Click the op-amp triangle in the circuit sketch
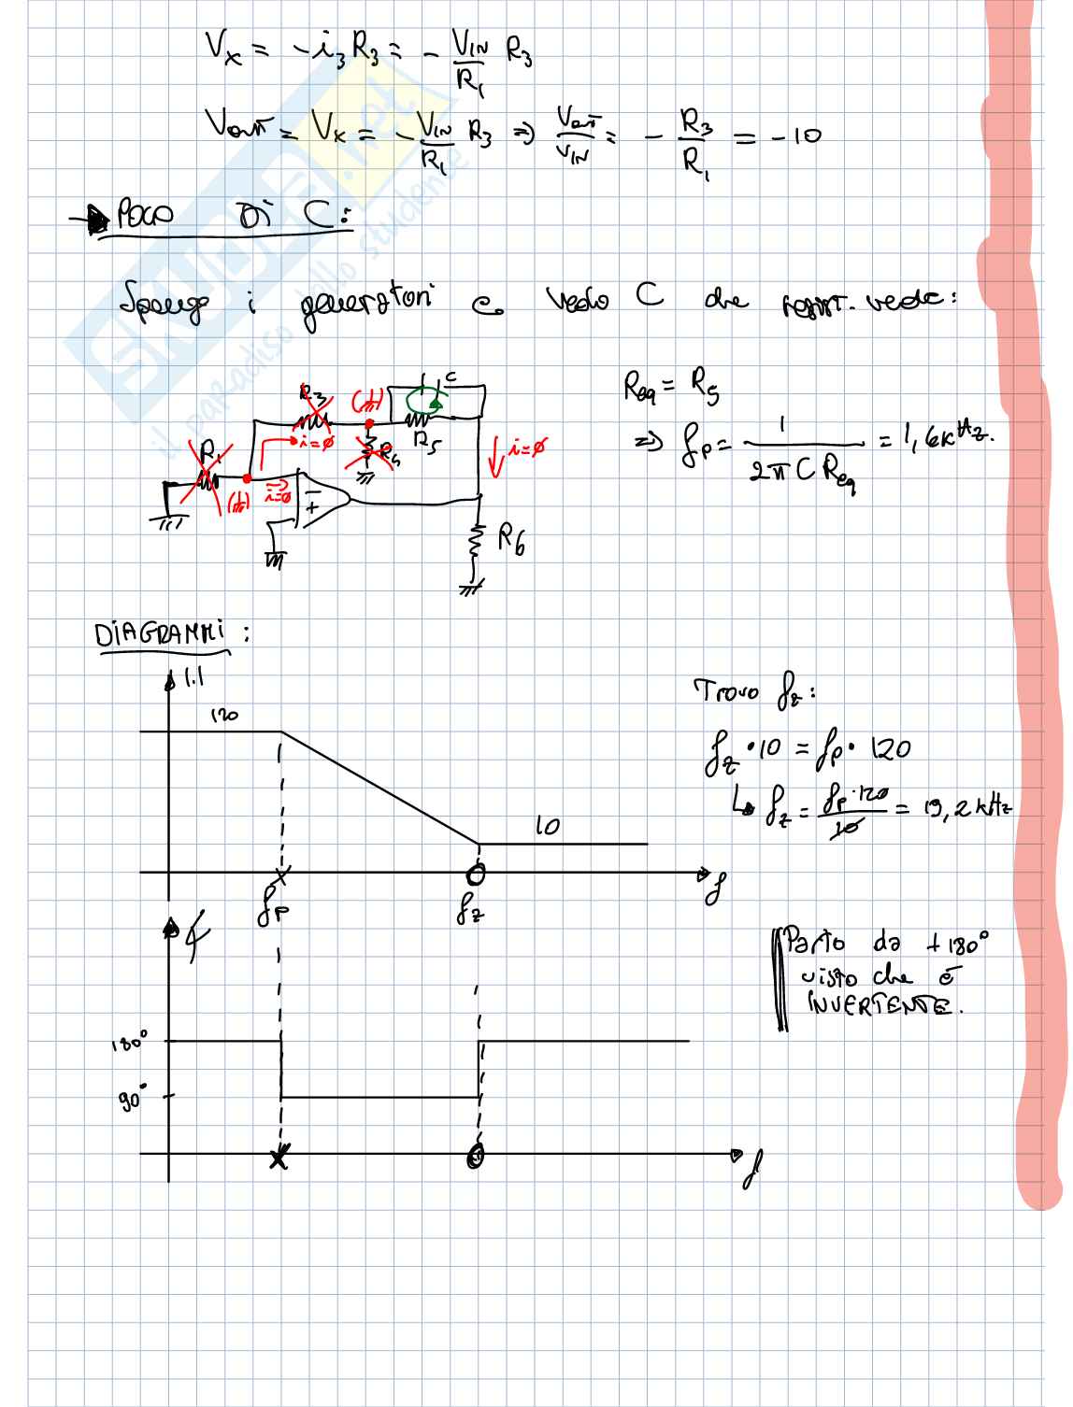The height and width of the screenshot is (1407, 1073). [322, 504]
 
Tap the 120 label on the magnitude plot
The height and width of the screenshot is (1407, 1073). [222, 716]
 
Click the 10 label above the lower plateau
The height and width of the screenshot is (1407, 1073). [549, 826]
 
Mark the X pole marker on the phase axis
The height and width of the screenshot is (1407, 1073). [279, 1159]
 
